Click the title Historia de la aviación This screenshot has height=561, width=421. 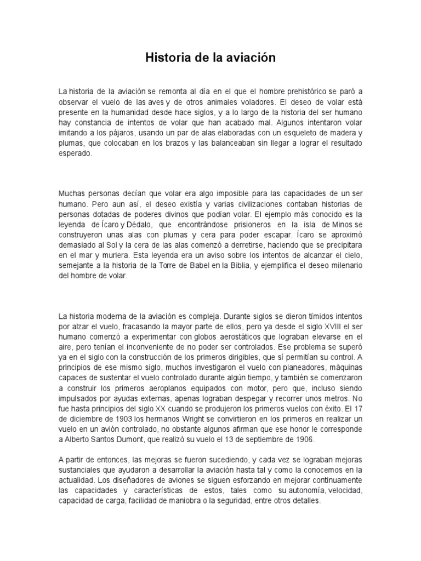210,58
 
